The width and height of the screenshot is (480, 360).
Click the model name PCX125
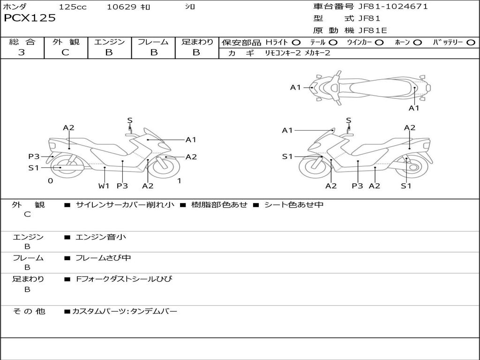[30, 18]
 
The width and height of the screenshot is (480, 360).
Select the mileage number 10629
[121, 7]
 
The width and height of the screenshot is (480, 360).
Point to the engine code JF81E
[373, 30]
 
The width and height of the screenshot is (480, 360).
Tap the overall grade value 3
[22, 52]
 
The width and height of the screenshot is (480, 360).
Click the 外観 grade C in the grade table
[66, 52]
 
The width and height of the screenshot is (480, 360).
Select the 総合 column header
[22, 42]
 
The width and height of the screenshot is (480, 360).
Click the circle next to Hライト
[296, 43]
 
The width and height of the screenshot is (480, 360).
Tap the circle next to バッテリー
[471, 43]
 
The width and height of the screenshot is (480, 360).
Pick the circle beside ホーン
[417, 43]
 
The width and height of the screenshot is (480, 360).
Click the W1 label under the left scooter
[104, 186]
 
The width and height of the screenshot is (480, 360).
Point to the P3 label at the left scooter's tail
[34, 157]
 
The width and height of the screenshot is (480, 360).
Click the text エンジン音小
[101, 237]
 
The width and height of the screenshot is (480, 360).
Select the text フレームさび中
[103, 258]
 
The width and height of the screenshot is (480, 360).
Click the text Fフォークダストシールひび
[124, 279]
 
